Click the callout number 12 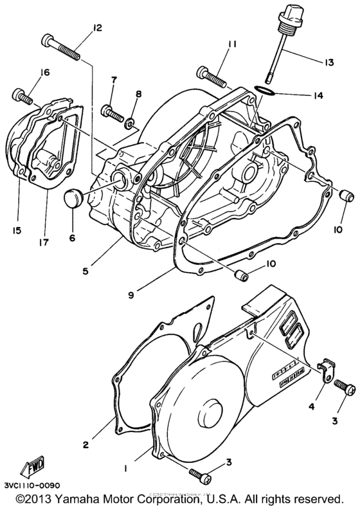tap(97, 28)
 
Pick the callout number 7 tap(114, 80)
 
